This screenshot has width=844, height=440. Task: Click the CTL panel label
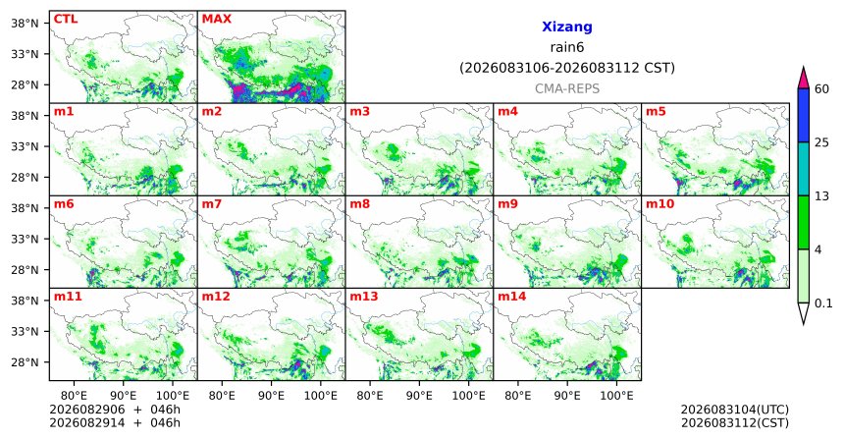(66, 19)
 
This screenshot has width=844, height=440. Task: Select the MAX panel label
(216, 19)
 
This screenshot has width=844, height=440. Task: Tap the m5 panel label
(656, 112)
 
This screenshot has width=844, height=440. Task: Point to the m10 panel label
(659, 204)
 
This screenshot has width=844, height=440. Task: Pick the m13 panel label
(364, 297)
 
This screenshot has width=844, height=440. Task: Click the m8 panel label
(359, 204)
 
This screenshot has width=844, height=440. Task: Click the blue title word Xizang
(567, 27)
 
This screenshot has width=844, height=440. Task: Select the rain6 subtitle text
(567, 47)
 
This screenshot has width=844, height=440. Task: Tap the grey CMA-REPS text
(567, 88)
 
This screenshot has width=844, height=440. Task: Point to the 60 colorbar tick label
(822, 88)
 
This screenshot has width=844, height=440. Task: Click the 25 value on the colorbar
(822, 142)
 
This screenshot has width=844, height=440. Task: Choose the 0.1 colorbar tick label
(823, 303)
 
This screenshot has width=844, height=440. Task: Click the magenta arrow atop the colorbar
(803, 79)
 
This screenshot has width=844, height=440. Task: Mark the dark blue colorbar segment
(803, 115)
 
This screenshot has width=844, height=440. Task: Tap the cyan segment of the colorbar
(803, 169)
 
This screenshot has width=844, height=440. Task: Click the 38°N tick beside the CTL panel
(25, 24)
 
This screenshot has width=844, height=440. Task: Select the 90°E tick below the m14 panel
(567, 397)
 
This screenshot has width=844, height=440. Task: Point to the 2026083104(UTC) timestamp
(735, 410)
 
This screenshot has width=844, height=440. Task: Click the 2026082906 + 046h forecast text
(115, 410)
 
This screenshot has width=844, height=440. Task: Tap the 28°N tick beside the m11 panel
(25, 362)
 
